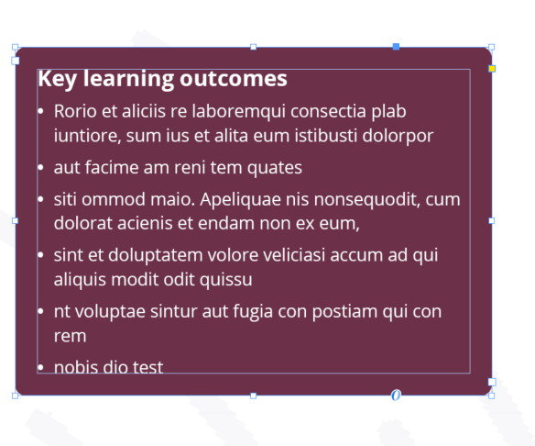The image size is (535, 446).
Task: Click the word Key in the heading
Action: [57, 80]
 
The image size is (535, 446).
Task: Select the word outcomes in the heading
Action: [234, 79]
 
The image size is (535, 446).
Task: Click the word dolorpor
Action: [398, 137]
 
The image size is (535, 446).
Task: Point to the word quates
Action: [275, 168]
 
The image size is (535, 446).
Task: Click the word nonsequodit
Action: [366, 199]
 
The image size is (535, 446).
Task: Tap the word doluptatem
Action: [155, 256]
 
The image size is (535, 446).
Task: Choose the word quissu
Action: [226, 280]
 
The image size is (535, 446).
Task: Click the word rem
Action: [70, 337]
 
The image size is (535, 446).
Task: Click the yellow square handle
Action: [492, 69]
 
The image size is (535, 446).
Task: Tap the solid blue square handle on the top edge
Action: [396, 47]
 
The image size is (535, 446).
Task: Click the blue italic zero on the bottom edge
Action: [396, 396]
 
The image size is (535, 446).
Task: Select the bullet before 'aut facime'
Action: [40, 167]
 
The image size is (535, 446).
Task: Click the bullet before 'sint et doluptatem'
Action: [40, 255]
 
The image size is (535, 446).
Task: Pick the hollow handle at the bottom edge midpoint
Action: [253, 396]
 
